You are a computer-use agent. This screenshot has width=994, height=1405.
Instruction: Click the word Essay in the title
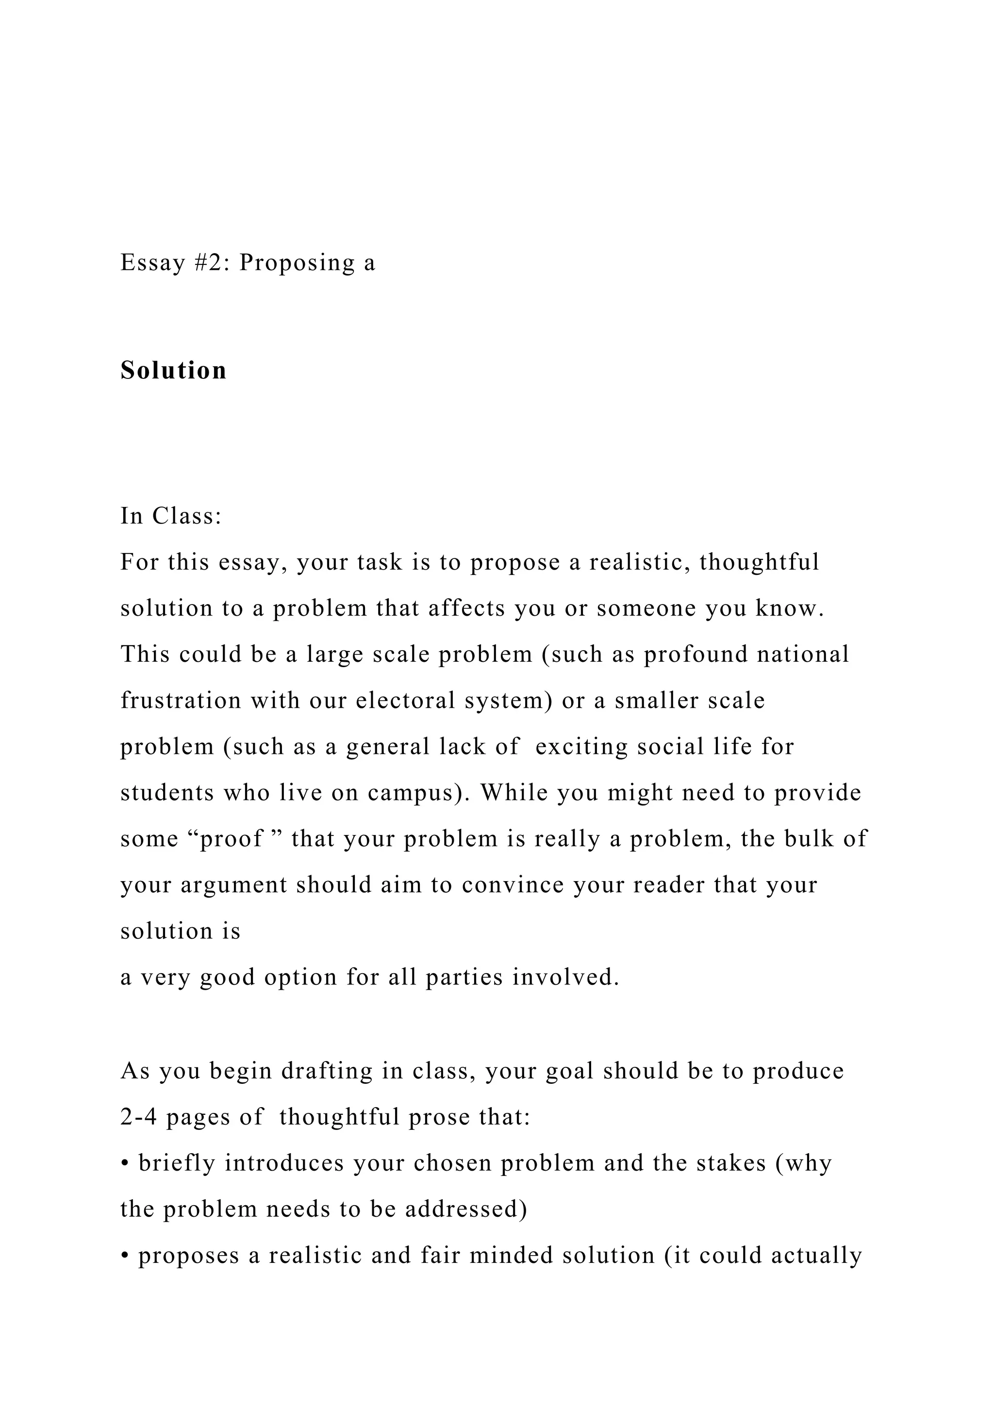[152, 262]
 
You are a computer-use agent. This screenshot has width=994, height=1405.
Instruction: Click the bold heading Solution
[173, 370]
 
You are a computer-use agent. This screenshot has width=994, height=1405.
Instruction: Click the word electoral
[405, 700]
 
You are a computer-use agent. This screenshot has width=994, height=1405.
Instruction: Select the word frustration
[181, 700]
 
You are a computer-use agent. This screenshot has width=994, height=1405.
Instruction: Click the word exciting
[581, 747]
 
